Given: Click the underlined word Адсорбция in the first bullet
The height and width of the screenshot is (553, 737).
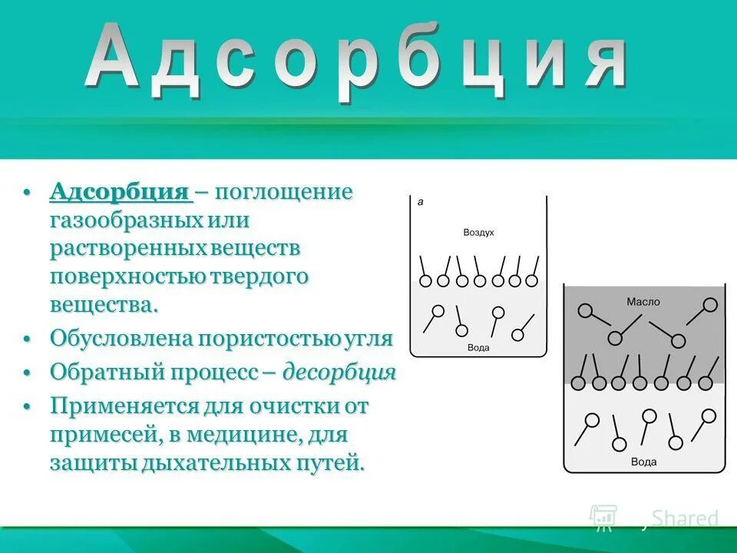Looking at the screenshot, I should point(120,192).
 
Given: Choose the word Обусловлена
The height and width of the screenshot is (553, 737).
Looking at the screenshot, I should point(121,339).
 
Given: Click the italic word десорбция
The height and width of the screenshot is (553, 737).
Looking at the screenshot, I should point(339,373).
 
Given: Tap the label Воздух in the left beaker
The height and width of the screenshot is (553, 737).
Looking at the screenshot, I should point(478,232).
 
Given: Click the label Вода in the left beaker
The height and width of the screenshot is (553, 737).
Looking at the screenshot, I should point(478,348).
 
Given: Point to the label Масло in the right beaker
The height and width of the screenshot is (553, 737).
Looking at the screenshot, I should point(643,302).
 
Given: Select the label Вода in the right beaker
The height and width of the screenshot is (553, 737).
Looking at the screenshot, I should point(643,462).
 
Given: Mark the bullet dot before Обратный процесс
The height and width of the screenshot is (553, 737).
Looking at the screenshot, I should point(27,373).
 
